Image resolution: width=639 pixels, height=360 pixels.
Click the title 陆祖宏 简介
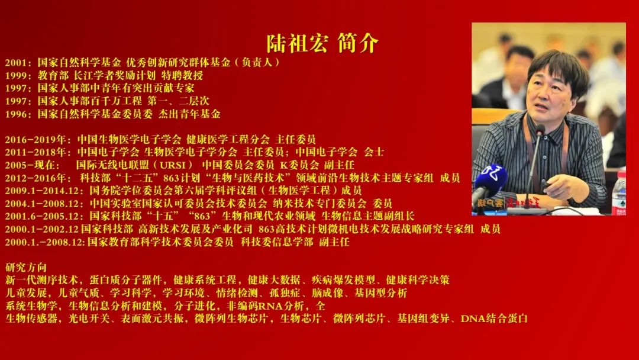tap(322, 44)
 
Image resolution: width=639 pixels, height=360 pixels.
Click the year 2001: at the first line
tap(18, 63)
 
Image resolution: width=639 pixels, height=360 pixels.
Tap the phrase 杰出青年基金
tap(189, 114)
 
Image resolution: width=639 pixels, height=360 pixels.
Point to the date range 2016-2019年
tap(35, 139)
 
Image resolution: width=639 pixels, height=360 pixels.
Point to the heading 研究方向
tap(26, 268)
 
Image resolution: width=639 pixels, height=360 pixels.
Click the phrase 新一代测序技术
tap(41, 280)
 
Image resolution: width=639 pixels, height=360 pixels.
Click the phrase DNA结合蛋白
tap(494, 319)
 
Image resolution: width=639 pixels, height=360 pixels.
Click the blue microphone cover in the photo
tap(490, 179)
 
